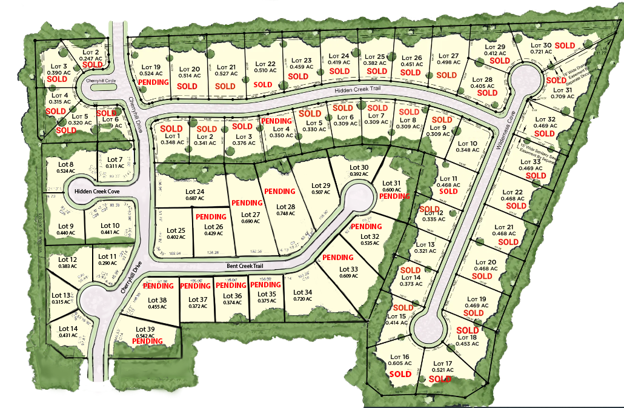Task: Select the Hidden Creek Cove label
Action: coord(97,192)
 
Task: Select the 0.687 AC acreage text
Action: coord(194,199)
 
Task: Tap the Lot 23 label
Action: coord(301,60)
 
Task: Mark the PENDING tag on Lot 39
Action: coord(147,341)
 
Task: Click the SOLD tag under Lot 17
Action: coord(440,379)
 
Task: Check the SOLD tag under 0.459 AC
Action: coord(298,76)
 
